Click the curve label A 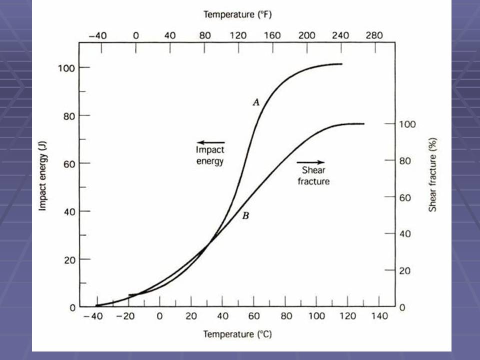click(x=256, y=102)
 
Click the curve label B click(x=245, y=216)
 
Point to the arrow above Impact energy click(x=211, y=142)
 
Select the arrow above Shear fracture click(x=310, y=162)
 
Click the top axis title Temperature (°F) click(x=237, y=15)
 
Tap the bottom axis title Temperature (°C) click(x=237, y=334)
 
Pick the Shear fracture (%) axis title click(x=433, y=175)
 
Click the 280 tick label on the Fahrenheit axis click(x=374, y=35)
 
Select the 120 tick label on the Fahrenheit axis click(x=238, y=35)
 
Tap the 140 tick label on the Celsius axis click(x=379, y=316)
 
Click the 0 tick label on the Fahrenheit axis click(x=135, y=35)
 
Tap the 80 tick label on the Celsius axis click(x=285, y=316)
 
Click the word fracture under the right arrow click(x=313, y=181)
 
